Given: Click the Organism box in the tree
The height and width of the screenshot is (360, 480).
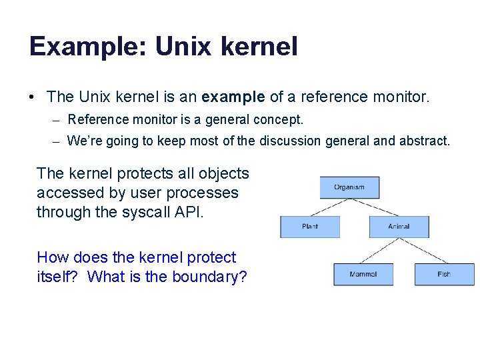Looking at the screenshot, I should click(349, 187).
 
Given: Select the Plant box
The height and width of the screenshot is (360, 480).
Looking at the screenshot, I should click(309, 227).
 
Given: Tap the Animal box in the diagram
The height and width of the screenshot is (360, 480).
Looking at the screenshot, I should click(399, 227).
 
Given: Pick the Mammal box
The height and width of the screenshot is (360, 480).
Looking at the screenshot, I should click(363, 274).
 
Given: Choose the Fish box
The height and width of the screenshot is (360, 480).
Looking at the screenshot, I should click(444, 274).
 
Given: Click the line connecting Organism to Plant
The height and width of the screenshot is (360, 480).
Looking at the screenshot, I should click(329, 207).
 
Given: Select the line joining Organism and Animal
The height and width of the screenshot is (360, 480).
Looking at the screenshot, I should click(374, 207).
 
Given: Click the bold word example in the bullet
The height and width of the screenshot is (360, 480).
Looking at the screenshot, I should click(233, 97).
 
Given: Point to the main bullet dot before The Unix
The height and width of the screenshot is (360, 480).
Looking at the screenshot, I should click(32, 97).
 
